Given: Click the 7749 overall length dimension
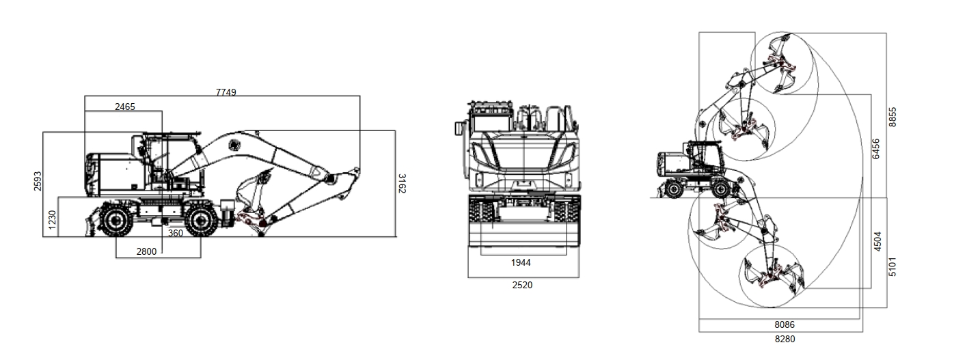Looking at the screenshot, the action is pyautogui.click(x=226, y=92).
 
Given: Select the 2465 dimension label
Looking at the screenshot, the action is pyautogui.click(x=125, y=107).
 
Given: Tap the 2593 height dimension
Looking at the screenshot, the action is pyautogui.click(x=38, y=181).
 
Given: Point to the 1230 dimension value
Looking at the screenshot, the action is pyautogui.click(x=52, y=220).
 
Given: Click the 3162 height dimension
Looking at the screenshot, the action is pyautogui.click(x=401, y=183).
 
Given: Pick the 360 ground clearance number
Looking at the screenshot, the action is pyautogui.click(x=175, y=233).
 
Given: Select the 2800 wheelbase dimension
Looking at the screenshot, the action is pyautogui.click(x=146, y=251).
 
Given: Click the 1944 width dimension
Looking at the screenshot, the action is pyautogui.click(x=521, y=262).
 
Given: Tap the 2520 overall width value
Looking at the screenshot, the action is pyautogui.click(x=522, y=285).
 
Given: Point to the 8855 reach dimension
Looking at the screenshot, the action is pyautogui.click(x=893, y=117).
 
